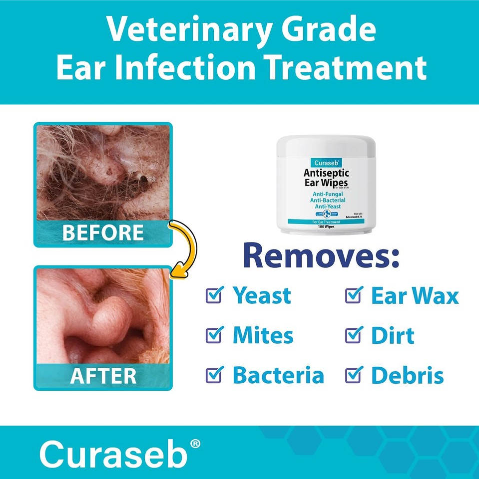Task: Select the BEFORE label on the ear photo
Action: point(103,233)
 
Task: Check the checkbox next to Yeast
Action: point(213,295)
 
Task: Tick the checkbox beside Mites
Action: point(213,335)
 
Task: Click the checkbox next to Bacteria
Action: point(213,375)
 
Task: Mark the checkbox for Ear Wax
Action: point(353,295)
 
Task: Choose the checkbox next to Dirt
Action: point(353,335)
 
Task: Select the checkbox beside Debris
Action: point(353,375)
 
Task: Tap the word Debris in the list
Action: point(407,376)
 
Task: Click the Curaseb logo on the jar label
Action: point(327,162)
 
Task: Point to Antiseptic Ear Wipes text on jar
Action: point(327,178)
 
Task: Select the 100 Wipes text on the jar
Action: point(327,226)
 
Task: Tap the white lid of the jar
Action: point(326,145)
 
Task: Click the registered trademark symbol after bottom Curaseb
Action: point(195,443)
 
